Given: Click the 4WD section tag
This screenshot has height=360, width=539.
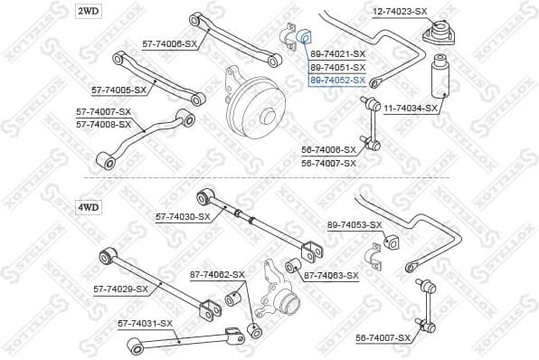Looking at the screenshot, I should (88, 207).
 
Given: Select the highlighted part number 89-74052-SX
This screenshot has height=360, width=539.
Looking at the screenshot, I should (337, 80).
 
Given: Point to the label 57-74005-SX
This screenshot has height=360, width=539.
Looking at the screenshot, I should (118, 90).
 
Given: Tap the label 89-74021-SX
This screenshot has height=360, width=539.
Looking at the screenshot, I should (337, 54).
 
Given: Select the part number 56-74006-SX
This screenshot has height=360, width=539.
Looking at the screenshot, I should (328, 150).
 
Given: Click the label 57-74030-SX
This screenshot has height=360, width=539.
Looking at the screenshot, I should (183, 216).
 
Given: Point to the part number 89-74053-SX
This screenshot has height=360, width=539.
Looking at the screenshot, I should (355, 223).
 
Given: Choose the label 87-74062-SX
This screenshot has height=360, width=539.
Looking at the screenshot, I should (217, 274).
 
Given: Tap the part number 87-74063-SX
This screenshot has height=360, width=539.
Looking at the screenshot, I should (331, 275).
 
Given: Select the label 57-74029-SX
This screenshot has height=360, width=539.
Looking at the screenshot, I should (120, 289).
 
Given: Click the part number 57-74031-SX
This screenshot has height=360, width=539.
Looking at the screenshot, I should (145, 323).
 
